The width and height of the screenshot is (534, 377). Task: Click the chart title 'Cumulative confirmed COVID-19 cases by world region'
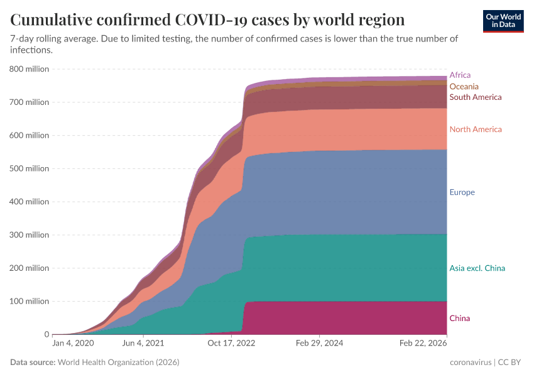click(x=207, y=19)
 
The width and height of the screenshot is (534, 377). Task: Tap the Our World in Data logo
click(x=503, y=21)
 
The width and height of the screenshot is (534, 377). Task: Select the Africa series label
click(x=460, y=75)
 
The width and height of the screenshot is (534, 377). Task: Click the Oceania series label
click(x=464, y=86)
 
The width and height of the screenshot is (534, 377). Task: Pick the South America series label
click(x=475, y=97)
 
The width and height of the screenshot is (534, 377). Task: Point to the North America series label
click(x=475, y=129)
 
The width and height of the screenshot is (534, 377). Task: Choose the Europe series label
click(x=462, y=192)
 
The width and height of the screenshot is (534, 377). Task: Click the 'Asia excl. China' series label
click(x=477, y=268)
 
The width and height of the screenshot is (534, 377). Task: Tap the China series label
click(x=459, y=319)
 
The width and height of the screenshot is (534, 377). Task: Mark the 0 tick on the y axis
click(x=45, y=335)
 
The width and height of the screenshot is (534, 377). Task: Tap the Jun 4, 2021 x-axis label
click(x=144, y=344)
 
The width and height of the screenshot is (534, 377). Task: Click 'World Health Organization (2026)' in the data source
click(x=118, y=363)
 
